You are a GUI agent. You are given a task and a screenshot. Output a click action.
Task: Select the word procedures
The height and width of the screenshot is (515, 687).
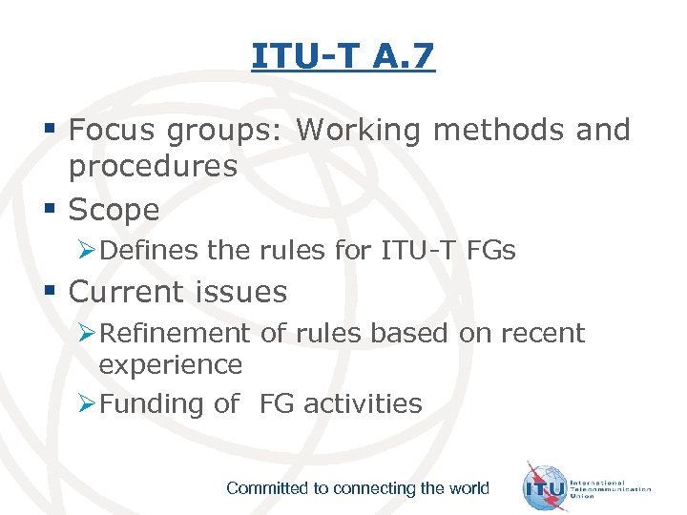[x=153, y=167]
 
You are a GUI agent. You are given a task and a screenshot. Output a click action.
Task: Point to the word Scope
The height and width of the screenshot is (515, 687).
[x=114, y=210]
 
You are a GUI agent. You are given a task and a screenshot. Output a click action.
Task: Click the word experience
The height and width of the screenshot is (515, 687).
[x=171, y=364]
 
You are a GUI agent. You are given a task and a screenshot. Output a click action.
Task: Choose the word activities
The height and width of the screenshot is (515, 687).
[x=363, y=403]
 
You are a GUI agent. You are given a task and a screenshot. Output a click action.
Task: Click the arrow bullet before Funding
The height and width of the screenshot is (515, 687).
[x=86, y=404]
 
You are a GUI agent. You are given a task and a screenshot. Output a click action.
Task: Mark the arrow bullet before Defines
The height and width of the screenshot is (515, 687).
[x=86, y=252]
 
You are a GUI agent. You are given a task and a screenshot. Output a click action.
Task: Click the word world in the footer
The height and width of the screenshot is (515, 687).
[x=468, y=488]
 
